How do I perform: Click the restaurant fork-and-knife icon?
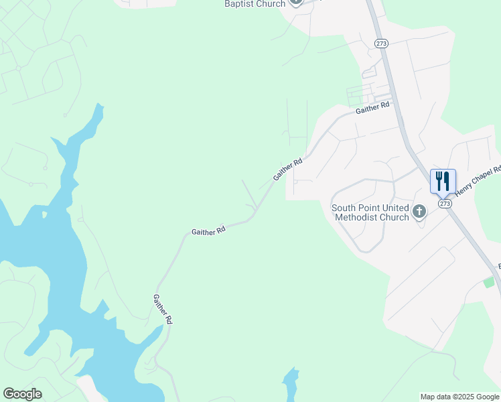443,181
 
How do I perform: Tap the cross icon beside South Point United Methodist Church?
419,212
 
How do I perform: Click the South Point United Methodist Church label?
370,212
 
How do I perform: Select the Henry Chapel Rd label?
478,181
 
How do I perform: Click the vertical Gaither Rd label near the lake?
163,310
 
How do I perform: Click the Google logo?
22,394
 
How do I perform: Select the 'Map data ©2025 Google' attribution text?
459,397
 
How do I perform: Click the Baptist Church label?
255,4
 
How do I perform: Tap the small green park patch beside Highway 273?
490,282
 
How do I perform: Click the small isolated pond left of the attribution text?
290,385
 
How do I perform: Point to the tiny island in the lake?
46,215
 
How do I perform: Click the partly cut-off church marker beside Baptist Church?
297,3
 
